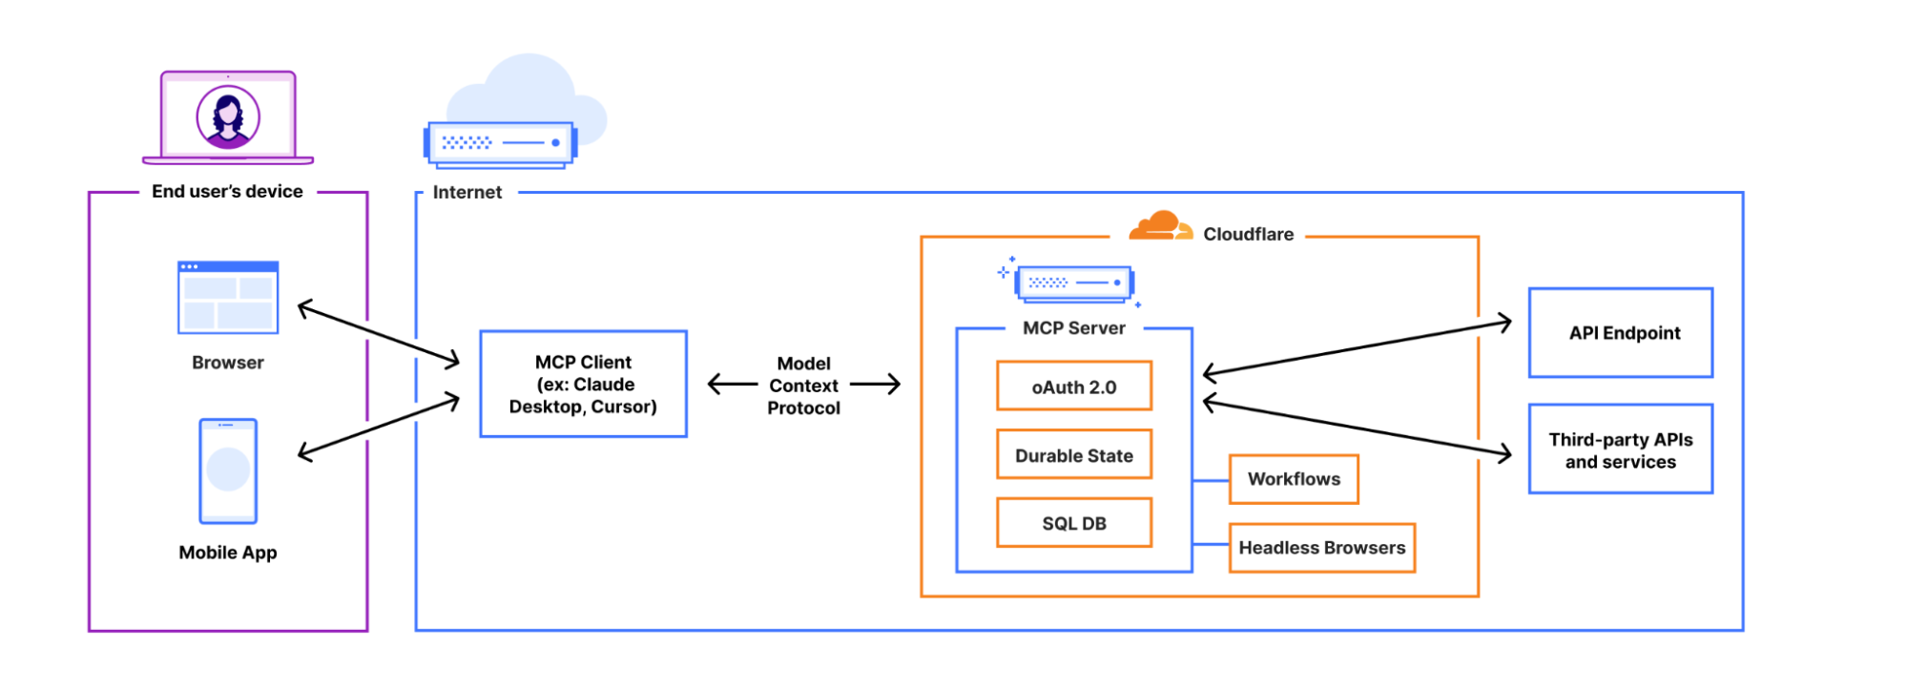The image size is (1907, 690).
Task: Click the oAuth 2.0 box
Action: [x=1073, y=387]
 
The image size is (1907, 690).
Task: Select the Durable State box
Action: [x=1073, y=455]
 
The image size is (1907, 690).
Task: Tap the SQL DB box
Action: [x=1073, y=523]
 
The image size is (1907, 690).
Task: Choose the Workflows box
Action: [x=1294, y=479]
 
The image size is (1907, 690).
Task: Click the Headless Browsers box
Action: [x=1321, y=548]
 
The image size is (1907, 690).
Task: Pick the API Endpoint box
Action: [x=1620, y=333]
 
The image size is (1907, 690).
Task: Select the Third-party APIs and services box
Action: [x=1620, y=450]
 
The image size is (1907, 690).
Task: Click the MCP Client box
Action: [x=583, y=384]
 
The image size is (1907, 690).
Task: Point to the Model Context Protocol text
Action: [x=803, y=386]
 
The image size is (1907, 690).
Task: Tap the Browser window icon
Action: [x=228, y=298]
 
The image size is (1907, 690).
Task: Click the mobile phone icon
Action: [x=228, y=470]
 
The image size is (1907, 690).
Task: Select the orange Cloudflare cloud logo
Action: [x=1158, y=227]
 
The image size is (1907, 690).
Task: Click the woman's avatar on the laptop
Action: [x=228, y=117]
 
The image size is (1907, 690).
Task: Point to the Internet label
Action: [x=466, y=193]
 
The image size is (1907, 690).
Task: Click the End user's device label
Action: [x=227, y=192]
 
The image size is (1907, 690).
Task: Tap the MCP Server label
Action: [x=1073, y=328]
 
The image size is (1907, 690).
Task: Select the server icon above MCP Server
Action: [x=1074, y=283]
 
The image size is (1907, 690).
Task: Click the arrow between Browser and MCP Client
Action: [x=379, y=333]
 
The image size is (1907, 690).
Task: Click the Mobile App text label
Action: [x=228, y=553]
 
